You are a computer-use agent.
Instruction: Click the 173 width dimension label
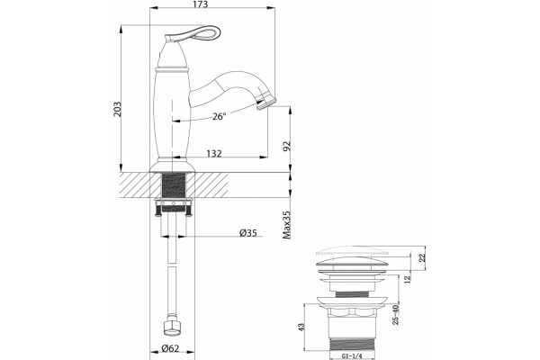pyautogui.click(x=201, y=4)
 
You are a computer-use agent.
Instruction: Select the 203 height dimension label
pyautogui.click(x=117, y=109)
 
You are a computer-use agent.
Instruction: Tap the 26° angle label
pyautogui.click(x=219, y=116)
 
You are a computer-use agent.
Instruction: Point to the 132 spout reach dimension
pyautogui.click(x=214, y=153)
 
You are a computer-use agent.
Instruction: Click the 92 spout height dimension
pyautogui.click(x=286, y=146)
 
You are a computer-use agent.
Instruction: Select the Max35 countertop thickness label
pyautogui.click(x=286, y=225)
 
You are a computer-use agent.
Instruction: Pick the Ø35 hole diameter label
pyautogui.click(x=248, y=233)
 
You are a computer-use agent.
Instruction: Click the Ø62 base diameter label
pyautogui.click(x=170, y=348)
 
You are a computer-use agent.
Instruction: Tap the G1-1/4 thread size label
pyautogui.click(x=352, y=356)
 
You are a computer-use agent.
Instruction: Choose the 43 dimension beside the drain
pyautogui.click(x=301, y=327)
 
